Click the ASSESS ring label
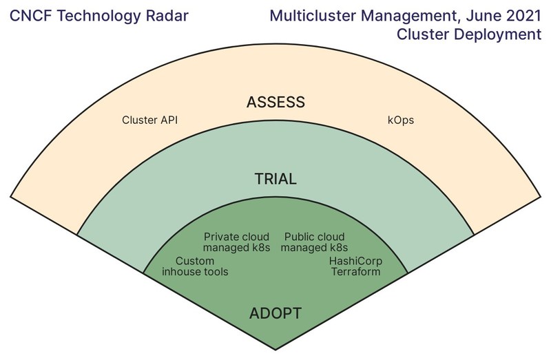point(275,102)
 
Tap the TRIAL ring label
point(275,179)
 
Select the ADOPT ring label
point(275,313)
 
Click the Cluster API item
point(149,120)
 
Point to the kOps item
point(401,120)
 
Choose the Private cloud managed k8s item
point(236,242)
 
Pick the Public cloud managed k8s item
point(314,242)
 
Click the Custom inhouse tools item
point(195,266)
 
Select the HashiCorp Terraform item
point(355,266)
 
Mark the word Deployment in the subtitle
point(498,34)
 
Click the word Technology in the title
point(98,16)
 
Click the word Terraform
point(355,272)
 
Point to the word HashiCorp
point(355,261)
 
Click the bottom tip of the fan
point(275,350)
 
